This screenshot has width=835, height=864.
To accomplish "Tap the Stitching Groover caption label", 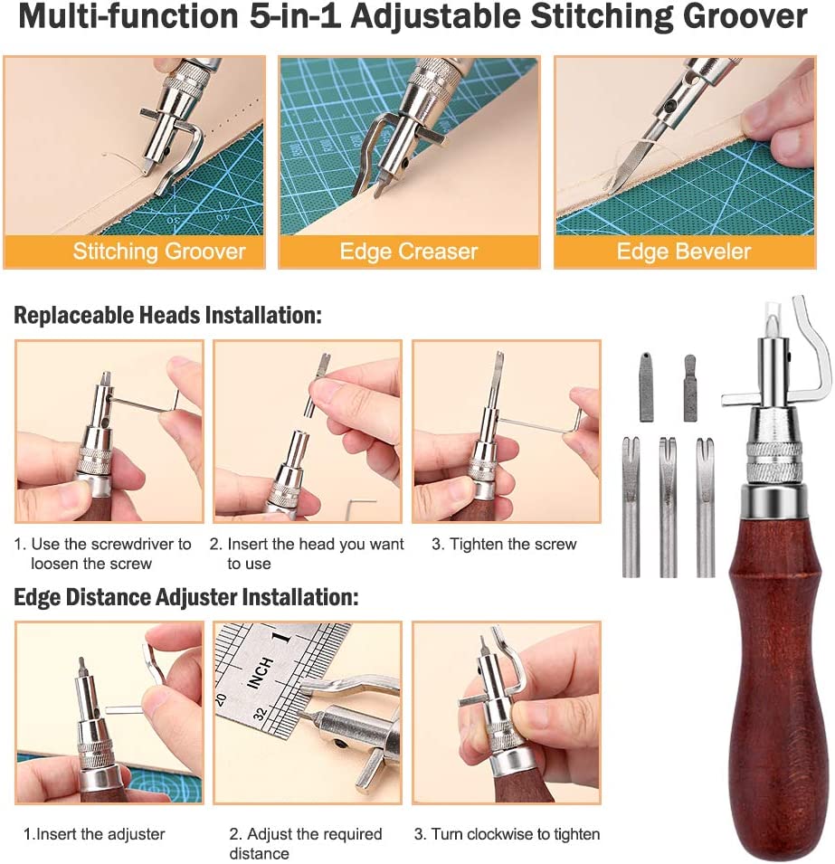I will tap(159, 252).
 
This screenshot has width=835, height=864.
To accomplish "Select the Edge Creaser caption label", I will tap(408, 252).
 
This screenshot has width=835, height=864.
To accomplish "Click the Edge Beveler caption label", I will tap(683, 252).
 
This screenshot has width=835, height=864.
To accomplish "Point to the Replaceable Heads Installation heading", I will tap(167, 316).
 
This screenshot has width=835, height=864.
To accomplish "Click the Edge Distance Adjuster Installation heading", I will tap(185, 597).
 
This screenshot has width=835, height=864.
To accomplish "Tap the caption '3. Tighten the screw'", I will tap(503, 545).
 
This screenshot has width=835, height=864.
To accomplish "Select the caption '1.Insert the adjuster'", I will tap(94, 834).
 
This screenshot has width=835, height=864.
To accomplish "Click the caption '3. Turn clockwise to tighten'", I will tap(507, 834).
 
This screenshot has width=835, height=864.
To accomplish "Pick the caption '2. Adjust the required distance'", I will tap(305, 843).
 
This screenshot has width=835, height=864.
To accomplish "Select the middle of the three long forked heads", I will tap(668, 507).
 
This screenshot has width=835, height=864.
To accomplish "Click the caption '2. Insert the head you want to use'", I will tap(307, 554).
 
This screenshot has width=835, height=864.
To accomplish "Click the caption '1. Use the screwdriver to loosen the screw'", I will tap(102, 554).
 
